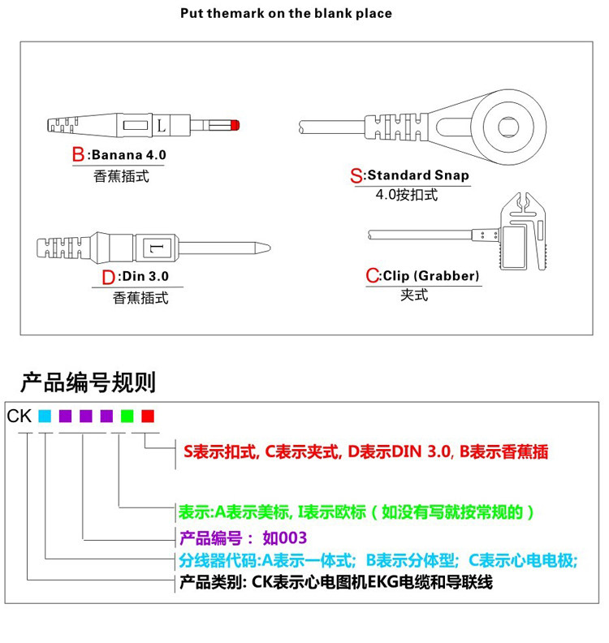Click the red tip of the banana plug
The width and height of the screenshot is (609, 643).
click(x=235, y=126)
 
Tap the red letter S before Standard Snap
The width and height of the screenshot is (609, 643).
click(x=356, y=175)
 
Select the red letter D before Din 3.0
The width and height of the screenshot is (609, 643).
click(x=109, y=278)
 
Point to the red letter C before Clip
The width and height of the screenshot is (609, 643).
click(x=373, y=276)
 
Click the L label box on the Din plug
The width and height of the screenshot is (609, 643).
click(x=155, y=245)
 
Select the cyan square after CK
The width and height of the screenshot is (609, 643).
click(x=45, y=416)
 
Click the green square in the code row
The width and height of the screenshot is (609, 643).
click(x=127, y=416)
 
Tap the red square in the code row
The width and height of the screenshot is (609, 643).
click(x=147, y=416)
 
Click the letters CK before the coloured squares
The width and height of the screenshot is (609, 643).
click(x=19, y=416)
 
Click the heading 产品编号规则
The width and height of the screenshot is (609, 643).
click(x=88, y=382)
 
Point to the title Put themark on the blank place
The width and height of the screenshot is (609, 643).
click(x=286, y=13)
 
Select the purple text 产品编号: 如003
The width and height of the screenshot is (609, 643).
click(x=243, y=537)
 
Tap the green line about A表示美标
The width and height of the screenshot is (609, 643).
click(x=356, y=512)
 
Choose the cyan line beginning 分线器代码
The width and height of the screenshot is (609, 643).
click(x=378, y=560)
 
